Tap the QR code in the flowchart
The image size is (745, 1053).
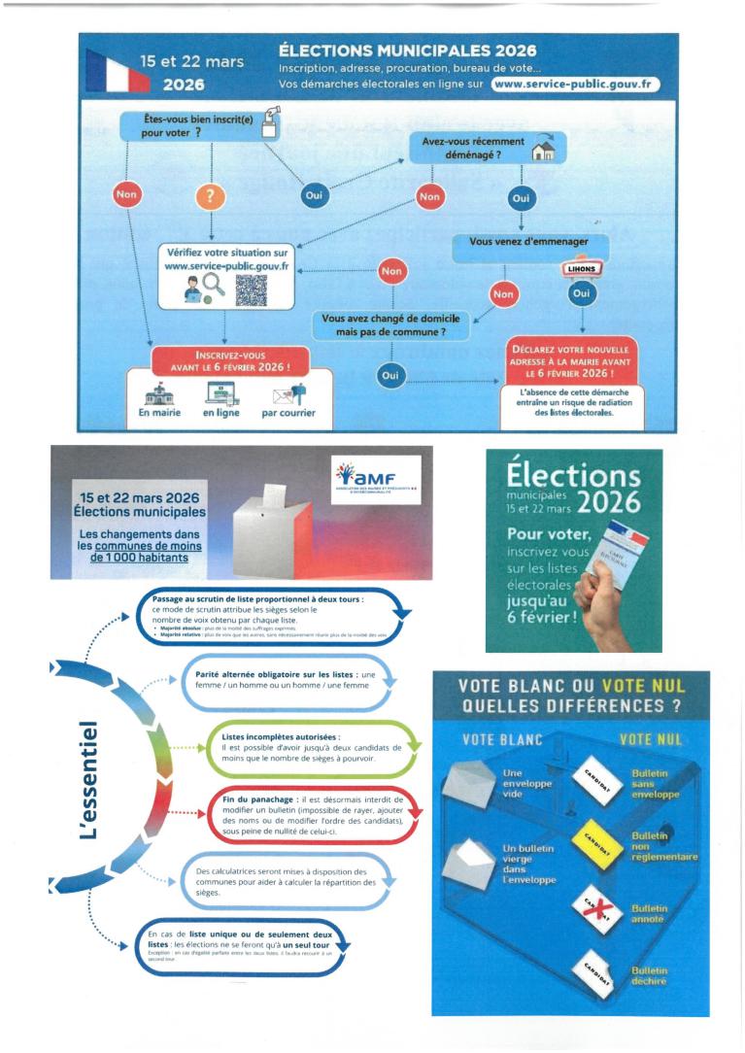[x=251, y=289]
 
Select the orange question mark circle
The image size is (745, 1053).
[x=212, y=195]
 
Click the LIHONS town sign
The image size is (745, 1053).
[x=580, y=269]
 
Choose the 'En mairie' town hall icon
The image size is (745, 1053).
[x=158, y=393]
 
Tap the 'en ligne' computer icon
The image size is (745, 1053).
[x=221, y=393]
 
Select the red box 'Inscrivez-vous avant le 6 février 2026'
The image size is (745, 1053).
[x=224, y=360]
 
